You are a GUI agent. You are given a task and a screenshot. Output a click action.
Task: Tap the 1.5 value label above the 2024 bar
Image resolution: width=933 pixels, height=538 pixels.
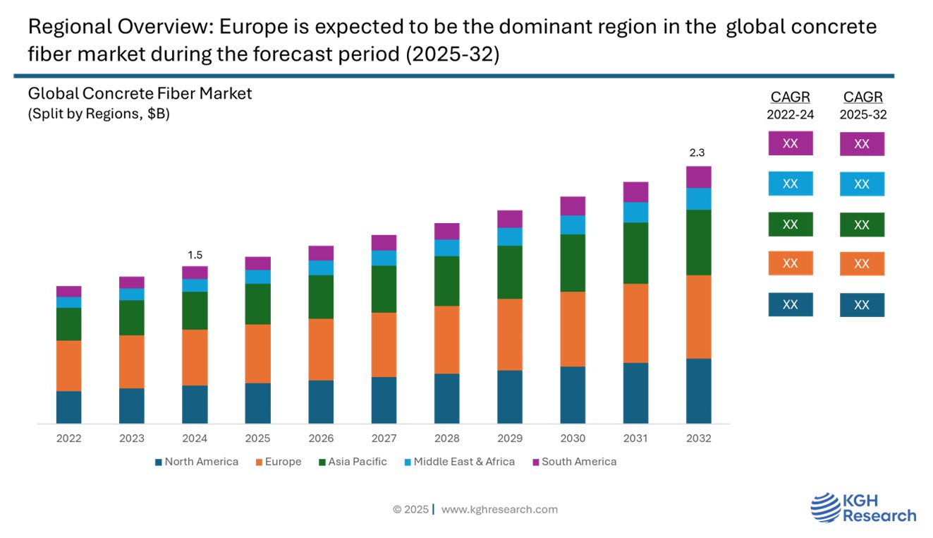pos(195,255)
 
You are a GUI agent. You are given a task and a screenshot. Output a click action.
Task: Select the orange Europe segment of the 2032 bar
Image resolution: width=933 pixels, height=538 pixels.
pos(698,316)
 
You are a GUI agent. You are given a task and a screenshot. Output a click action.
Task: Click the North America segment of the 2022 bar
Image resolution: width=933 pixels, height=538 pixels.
pos(68,407)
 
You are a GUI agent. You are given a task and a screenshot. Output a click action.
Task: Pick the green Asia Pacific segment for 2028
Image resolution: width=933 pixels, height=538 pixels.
pos(446,281)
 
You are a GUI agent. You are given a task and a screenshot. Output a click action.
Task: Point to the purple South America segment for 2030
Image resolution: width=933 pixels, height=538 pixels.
pos(573,205)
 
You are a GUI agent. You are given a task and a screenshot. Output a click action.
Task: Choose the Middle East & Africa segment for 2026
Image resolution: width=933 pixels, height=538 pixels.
pos(321,268)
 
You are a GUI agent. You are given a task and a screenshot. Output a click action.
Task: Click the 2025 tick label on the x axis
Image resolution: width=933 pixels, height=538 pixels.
pos(257,438)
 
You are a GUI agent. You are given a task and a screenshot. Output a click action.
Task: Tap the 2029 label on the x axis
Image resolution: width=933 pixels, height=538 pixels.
pos(510,438)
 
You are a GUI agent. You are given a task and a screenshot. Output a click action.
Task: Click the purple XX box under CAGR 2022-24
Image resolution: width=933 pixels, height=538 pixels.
pos(790,143)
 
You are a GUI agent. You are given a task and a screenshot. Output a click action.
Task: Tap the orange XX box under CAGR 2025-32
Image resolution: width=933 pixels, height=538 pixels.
pos(861,264)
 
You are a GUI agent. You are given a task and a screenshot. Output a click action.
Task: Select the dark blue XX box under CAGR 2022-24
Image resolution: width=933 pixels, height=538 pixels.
pos(790,304)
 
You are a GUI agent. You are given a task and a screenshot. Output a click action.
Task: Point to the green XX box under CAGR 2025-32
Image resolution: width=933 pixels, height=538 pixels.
pos(861,225)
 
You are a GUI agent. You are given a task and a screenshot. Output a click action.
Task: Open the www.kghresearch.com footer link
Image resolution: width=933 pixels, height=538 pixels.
pos(499,509)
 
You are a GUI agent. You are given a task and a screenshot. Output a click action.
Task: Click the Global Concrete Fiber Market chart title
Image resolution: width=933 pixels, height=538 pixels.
pos(140,93)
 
